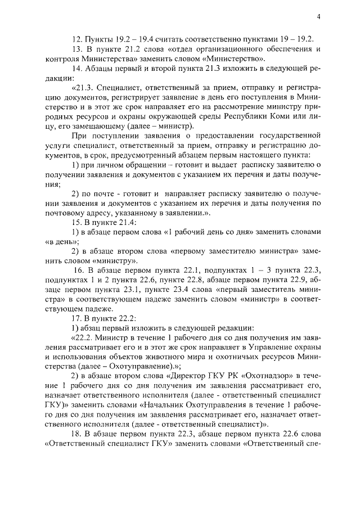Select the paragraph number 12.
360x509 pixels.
(x=77, y=39)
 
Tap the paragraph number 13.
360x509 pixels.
(x=77, y=49)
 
